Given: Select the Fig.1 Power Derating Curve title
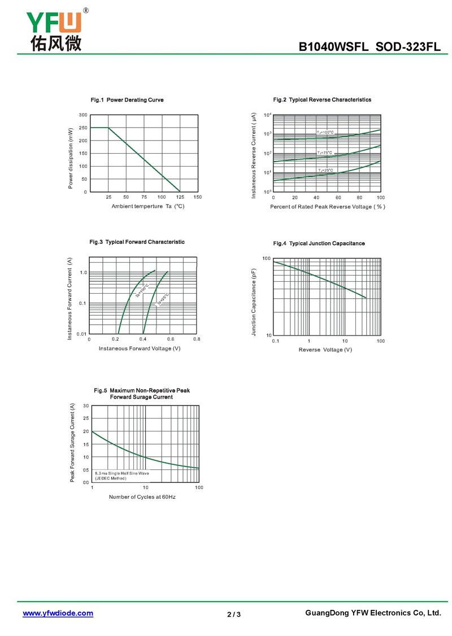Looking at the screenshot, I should click(x=127, y=100).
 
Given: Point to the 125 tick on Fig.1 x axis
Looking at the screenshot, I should click(x=180, y=197).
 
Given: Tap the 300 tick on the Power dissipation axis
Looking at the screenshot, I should click(x=83, y=115).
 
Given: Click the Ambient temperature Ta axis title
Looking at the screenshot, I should click(x=148, y=206).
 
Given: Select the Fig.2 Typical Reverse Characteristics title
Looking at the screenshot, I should click(x=322, y=100).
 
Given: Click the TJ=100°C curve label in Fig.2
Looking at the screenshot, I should click(x=325, y=132).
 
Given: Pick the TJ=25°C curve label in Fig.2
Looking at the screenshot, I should click(x=325, y=170).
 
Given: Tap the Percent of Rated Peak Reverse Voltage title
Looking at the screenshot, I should click(x=327, y=207).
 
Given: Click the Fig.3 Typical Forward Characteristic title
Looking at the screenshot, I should click(x=137, y=242).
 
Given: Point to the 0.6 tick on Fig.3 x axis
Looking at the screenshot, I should click(x=170, y=339).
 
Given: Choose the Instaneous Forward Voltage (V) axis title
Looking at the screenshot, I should click(x=140, y=349).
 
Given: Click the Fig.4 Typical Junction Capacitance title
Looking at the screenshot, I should click(x=319, y=243).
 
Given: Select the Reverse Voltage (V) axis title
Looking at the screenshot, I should click(x=325, y=350).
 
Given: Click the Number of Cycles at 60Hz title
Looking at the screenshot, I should click(x=142, y=497).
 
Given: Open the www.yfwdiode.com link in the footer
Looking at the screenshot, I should click(x=58, y=613).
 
